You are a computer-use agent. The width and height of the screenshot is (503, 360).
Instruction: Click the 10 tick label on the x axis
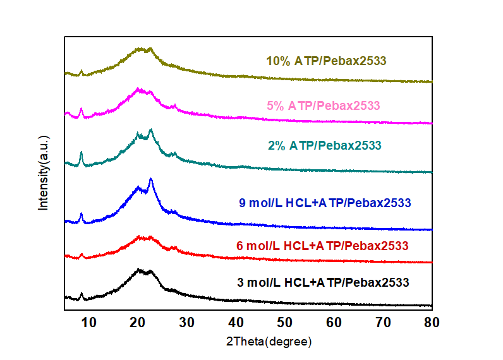click(x=89, y=322)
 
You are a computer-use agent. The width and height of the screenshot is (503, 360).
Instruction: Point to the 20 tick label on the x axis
click(x=138, y=322)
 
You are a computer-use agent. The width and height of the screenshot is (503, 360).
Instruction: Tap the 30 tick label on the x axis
click(x=187, y=322)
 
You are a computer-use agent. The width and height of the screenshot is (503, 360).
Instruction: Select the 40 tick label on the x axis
click(x=236, y=322)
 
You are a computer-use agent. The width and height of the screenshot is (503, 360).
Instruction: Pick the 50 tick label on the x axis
click(x=285, y=322)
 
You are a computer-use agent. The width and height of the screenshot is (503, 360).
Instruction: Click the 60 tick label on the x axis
click(x=334, y=322)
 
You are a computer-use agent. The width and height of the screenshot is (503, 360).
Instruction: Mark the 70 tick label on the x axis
click(x=383, y=322)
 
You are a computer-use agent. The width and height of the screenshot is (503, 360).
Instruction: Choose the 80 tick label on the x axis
click(x=432, y=322)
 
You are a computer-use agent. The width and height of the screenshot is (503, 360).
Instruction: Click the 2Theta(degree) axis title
click(x=269, y=342)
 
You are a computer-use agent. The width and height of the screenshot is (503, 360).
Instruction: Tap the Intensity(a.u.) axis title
click(x=44, y=172)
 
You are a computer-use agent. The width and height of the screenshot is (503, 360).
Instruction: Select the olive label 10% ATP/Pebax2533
click(x=326, y=61)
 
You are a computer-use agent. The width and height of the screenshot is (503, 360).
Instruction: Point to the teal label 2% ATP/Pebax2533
click(x=325, y=146)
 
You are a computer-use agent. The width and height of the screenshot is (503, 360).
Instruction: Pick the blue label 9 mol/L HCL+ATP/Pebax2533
click(x=325, y=203)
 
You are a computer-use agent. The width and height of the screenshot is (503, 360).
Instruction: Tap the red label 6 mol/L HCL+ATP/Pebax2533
click(x=323, y=245)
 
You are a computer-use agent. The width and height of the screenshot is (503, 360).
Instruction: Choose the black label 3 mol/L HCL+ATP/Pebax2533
click(x=323, y=282)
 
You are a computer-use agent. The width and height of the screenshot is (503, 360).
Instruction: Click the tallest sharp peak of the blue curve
click(x=150, y=180)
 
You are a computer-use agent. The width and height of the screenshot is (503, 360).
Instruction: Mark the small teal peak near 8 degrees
click(x=82, y=153)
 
